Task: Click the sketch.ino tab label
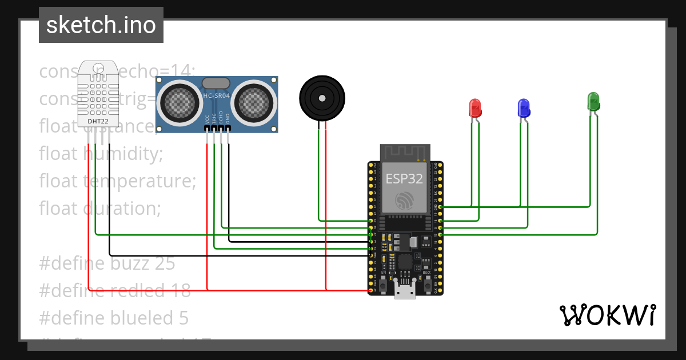[101, 25]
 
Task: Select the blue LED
[523, 108]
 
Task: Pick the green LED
[593, 102]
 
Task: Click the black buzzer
[322, 98]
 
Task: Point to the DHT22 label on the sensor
[98, 121]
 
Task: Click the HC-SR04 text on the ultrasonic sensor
[217, 96]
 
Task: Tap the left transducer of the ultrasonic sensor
[180, 101]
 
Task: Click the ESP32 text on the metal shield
[404, 178]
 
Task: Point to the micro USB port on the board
[405, 292]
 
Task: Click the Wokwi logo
[607, 315]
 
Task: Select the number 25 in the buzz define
[165, 263]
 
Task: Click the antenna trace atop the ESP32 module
[405, 151]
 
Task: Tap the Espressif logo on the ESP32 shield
[405, 201]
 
